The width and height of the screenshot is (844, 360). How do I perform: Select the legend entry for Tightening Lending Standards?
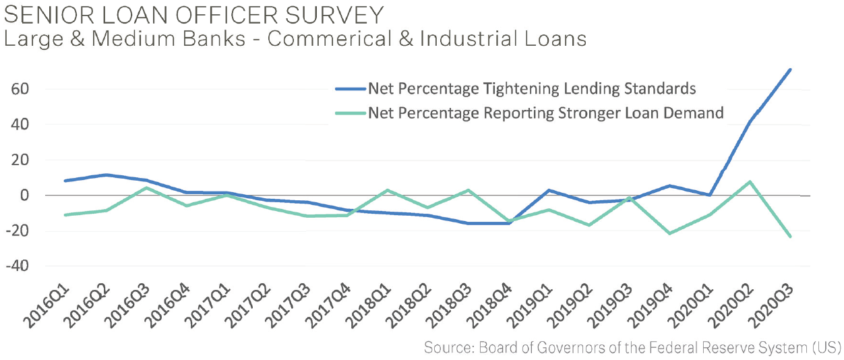pos(532,89)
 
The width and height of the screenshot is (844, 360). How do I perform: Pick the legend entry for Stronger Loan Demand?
pos(545,113)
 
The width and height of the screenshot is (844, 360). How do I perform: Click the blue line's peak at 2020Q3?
pos(790,69)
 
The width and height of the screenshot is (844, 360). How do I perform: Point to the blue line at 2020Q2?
pos(750,122)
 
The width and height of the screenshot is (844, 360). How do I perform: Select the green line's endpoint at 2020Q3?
pos(790,237)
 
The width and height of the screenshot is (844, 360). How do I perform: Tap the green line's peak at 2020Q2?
pos(750,182)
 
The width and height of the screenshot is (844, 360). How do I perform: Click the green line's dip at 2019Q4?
pos(669,233)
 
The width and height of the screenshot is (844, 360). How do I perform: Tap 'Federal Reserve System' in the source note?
pos(704,348)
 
